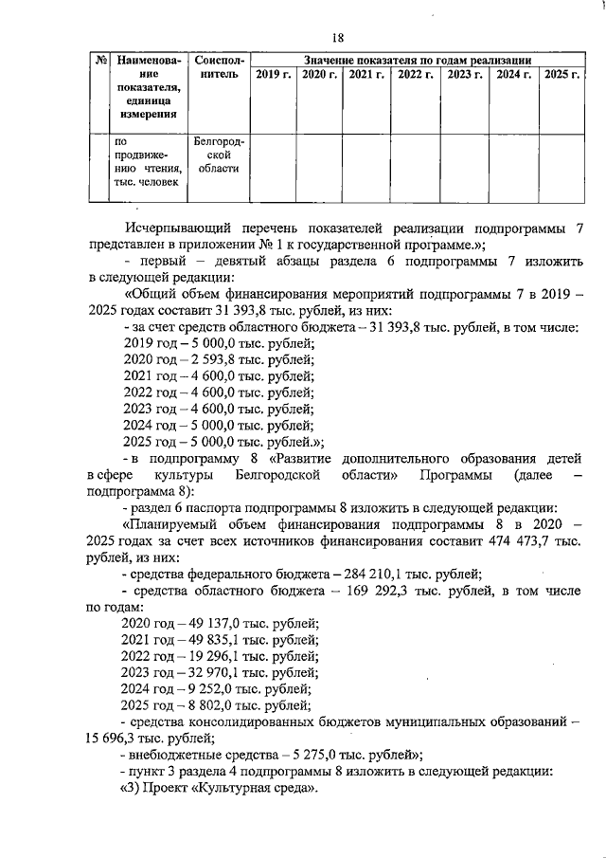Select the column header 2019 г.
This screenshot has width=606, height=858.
coord(274,73)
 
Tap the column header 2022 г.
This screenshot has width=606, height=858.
coord(415,73)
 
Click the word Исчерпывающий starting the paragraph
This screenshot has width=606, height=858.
coord(179,228)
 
